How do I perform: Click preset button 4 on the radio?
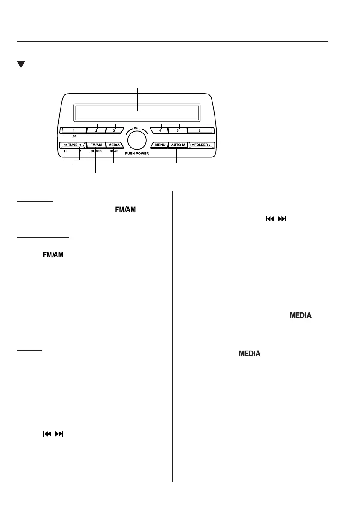coord(160,130)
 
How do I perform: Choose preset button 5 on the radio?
coord(178,130)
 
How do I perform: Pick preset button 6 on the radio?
coord(200,130)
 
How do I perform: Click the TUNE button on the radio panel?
coord(72,145)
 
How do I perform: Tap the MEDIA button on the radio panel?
coord(114,145)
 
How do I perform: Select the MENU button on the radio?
coord(160,145)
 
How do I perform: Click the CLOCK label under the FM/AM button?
coord(96,151)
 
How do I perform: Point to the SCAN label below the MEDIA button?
coord(114,151)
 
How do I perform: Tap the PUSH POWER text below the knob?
coord(137,153)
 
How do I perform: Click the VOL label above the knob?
coord(137,128)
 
